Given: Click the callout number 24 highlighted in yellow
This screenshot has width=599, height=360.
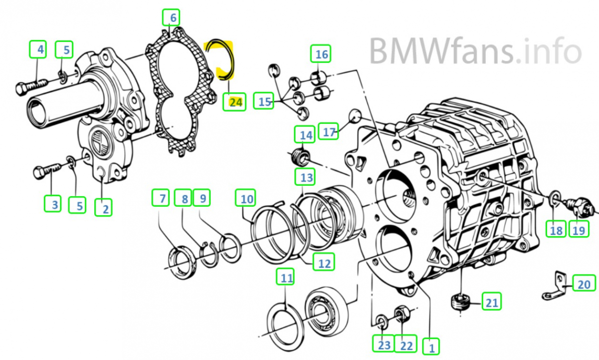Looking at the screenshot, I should pos(235,102).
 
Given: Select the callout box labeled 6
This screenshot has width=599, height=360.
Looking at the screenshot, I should pos(173,18).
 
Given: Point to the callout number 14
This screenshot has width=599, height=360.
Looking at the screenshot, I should pos(305,135).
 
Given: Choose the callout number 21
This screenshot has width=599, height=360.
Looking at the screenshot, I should pos(492,302).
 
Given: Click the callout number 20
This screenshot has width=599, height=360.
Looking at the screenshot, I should pos(584,284).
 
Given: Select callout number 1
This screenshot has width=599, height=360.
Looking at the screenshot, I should pos(431,346).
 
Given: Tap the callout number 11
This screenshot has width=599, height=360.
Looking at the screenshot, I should pos(286,278).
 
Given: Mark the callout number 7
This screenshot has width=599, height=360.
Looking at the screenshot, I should pos(162,199).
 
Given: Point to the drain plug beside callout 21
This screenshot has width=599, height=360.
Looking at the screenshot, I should pos(459,302).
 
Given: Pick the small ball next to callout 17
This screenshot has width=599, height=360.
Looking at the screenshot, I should pos(355,115).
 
